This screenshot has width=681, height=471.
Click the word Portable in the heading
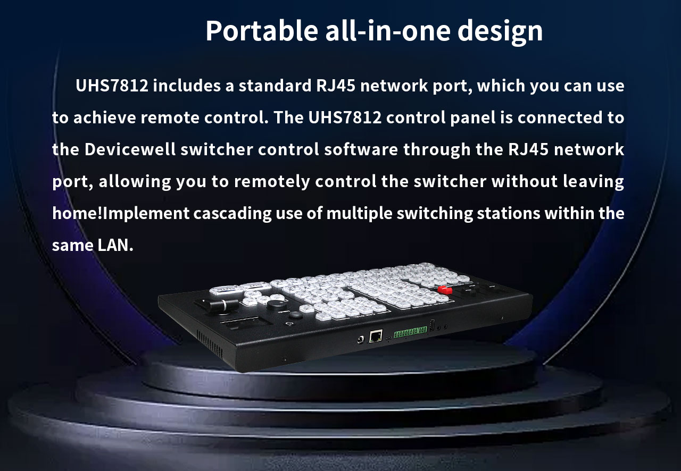(262, 31)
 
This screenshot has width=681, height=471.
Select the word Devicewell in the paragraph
(130, 149)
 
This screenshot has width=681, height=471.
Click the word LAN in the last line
(115, 245)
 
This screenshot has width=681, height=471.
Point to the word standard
(275, 86)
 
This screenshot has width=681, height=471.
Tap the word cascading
(232, 213)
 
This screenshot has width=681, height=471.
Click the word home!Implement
(121, 213)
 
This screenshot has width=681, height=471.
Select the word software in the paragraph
(361, 149)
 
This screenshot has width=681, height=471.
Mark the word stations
(508, 213)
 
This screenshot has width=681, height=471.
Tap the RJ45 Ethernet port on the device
(376, 336)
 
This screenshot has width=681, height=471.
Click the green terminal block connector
(410, 332)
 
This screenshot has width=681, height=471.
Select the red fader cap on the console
(445, 290)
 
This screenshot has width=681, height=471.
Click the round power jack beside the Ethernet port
(361, 339)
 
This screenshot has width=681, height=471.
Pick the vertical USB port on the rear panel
(432, 324)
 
